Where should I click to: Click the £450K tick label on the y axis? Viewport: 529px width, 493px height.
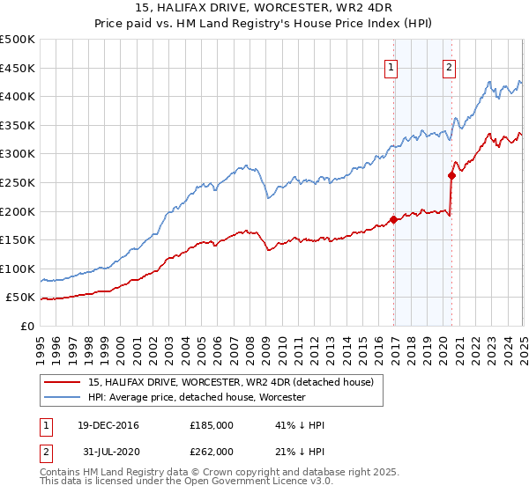click(x=19, y=68)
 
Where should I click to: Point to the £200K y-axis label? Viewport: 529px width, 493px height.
click(x=19, y=211)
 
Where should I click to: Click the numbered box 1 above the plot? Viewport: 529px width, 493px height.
click(x=391, y=68)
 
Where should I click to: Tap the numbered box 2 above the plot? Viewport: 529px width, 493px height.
click(x=449, y=68)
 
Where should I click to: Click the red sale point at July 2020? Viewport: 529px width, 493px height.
click(x=451, y=175)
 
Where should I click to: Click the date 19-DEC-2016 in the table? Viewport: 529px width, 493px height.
click(x=108, y=425)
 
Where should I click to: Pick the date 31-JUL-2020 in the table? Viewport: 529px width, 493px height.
click(x=107, y=452)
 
